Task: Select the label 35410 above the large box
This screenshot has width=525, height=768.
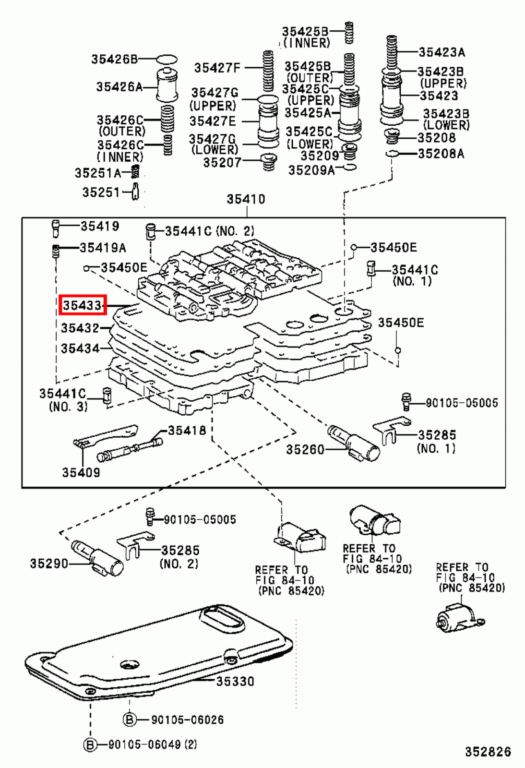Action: (246, 199)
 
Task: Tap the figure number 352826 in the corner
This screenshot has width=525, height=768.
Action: (488, 751)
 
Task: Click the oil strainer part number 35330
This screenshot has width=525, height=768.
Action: (235, 681)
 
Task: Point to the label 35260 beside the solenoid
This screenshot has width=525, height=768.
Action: (305, 450)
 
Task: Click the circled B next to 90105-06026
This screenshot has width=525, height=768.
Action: (130, 720)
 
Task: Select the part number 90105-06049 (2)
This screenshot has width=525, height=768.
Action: (153, 744)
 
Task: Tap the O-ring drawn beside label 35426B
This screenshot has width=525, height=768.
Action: (167, 60)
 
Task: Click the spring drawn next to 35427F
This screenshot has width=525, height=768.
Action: (268, 71)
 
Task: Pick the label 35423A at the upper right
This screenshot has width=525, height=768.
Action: (441, 52)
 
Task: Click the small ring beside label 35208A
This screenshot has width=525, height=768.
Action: (392, 154)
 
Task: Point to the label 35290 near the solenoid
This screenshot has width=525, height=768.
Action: (49, 564)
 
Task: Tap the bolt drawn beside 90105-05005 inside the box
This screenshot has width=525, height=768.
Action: (406, 402)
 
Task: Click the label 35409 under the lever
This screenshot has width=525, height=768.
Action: (81, 472)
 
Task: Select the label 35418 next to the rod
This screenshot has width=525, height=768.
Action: (187, 431)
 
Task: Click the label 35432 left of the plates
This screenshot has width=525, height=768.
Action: (80, 328)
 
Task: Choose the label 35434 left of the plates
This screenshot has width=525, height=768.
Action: (80, 348)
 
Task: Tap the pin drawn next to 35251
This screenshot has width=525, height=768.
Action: (135, 192)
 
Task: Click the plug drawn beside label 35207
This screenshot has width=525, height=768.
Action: (269, 162)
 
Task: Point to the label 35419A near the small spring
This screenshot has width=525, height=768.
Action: (103, 248)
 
